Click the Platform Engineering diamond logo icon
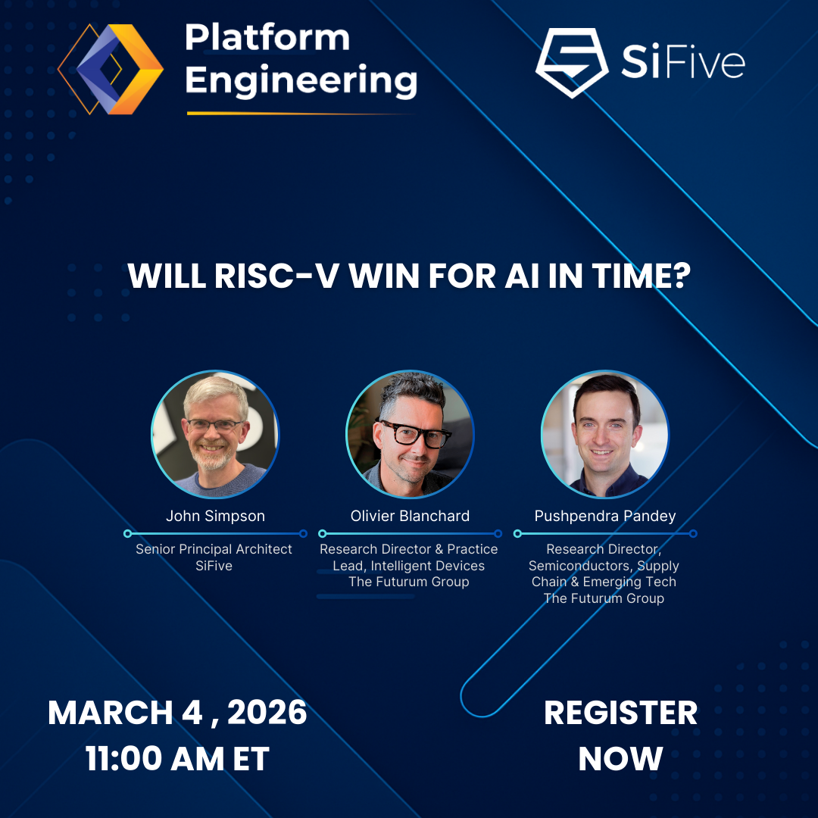click(111, 69)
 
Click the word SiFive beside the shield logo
click(682, 64)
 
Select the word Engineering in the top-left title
click(301, 80)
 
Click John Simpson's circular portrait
click(215, 434)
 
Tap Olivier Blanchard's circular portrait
click(410, 434)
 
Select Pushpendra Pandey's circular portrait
click(605, 434)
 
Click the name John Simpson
click(215, 516)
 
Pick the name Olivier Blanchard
click(410, 516)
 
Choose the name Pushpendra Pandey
click(605, 516)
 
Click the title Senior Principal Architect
click(214, 549)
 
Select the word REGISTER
click(620, 713)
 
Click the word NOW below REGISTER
click(620, 759)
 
